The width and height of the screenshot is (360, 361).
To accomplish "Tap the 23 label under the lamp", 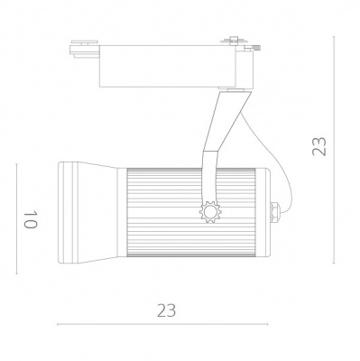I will (x=165, y=310).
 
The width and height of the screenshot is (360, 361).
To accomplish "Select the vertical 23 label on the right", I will (x=318, y=147).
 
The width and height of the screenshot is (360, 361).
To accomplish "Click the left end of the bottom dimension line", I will (x=58, y=324).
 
